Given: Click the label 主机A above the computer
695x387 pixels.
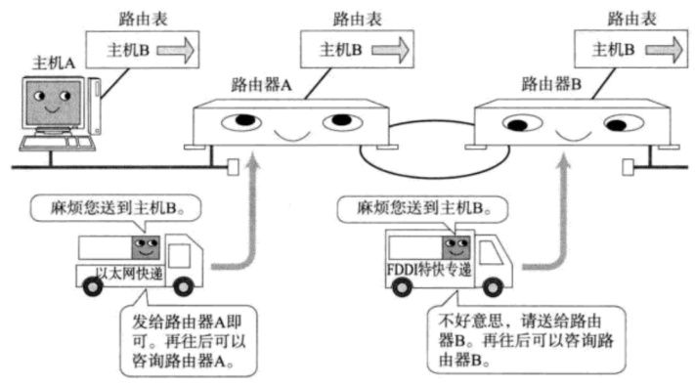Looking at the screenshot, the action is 54,64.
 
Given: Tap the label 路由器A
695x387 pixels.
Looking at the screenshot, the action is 261,84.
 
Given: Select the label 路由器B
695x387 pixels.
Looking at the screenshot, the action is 551,83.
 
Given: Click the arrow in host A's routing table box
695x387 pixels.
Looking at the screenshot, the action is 176,50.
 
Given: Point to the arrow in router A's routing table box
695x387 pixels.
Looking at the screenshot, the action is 390,50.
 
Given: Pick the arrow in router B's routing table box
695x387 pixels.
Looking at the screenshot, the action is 664,50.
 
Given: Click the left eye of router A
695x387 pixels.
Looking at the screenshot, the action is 241,121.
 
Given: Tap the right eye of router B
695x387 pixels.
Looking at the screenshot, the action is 624,123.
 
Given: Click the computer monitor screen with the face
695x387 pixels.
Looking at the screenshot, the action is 53,103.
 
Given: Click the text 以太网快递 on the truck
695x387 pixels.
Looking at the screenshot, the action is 129,274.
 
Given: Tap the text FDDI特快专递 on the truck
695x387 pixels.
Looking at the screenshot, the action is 429,270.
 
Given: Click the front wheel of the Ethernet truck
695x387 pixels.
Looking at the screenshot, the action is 183,286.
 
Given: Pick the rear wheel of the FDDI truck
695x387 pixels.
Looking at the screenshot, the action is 402,286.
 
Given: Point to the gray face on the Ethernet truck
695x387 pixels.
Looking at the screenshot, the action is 146,247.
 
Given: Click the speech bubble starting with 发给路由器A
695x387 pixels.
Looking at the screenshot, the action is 189,340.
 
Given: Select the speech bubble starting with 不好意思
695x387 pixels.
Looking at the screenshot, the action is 526,339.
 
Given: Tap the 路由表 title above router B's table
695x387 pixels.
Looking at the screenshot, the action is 631,20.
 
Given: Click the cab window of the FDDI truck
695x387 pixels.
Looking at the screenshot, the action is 491,251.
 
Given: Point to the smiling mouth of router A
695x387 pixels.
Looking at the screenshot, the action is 291,135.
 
